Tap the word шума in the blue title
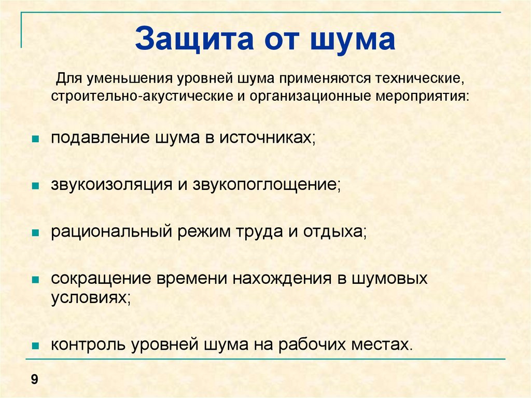(353, 40)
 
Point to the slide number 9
(35, 379)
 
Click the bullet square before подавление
(35, 139)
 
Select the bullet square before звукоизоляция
(35, 186)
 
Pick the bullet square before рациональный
(35, 233)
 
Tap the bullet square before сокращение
(35, 280)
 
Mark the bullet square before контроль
(35, 346)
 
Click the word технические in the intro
(419, 79)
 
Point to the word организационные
(311, 97)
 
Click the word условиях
(91, 298)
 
